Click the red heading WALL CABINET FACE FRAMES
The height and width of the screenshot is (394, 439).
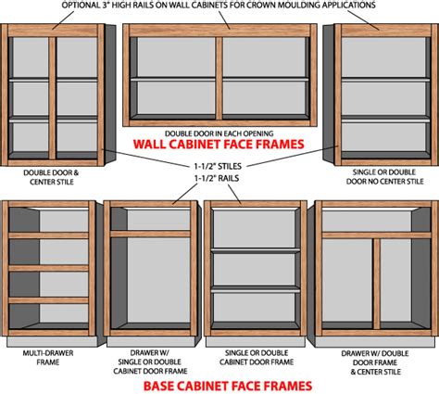[x=219, y=146]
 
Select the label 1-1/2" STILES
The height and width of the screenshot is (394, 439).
[x=219, y=167]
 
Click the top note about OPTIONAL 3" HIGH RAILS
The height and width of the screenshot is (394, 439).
[x=219, y=6]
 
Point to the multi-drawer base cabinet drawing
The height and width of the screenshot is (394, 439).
[x=51, y=273]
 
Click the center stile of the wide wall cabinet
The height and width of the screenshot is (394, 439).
[x=219, y=79]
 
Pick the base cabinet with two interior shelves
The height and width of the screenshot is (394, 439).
[x=252, y=273]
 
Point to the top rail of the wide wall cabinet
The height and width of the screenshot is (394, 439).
[x=219, y=32]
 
